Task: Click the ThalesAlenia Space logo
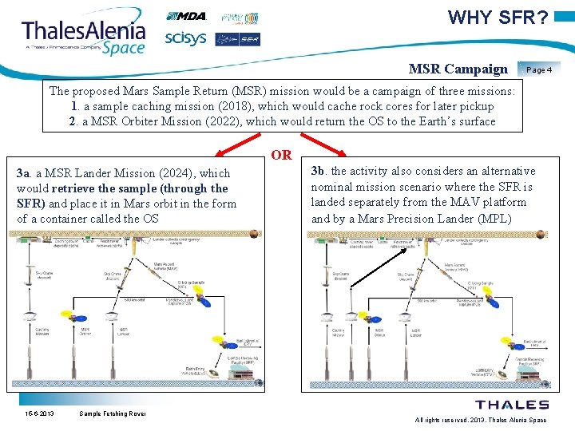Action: pyautogui.click(x=84, y=36)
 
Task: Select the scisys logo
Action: pyautogui.click(x=185, y=38)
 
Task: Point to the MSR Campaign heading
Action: pyautogui.click(x=457, y=69)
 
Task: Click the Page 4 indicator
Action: pyautogui.click(x=539, y=69)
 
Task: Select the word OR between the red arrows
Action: pyautogui.click(x=282, y=155)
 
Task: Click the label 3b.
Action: pyautogui.click(x=318, y=171)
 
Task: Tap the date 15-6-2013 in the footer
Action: pyautogui.click(x=39, y=413)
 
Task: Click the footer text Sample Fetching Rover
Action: pyautogui.click(x=113, y=413)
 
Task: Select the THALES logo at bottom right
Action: pyautogui.click(x=512, y=405)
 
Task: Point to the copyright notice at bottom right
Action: pyautogui.click(x=481, y=420)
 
